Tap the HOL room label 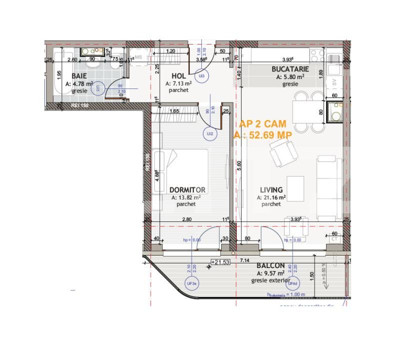[x=172, y=76]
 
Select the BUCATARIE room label [x=290, y=69]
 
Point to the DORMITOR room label [x=187, y=190]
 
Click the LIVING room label [x=272, y=190]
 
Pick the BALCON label [x=271, y=266]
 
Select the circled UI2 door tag [x=210, y=134]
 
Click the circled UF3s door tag [x=192, y=284]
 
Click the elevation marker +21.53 [x=220, y=261]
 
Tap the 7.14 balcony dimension [x=245, y=260]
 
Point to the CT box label [x=334, y=239]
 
